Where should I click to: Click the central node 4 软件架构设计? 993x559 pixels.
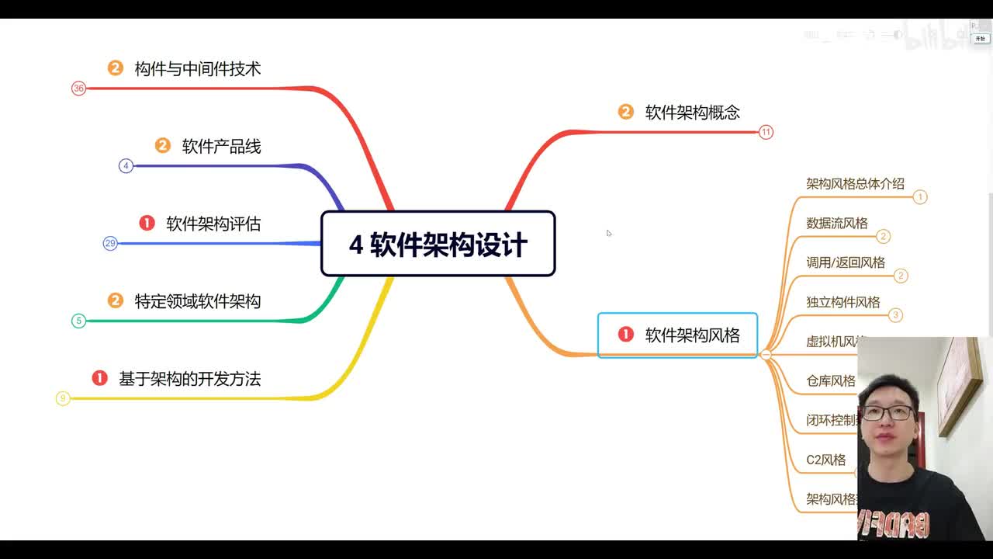click(438, 244)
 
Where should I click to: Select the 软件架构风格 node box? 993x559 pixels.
click(677, 335)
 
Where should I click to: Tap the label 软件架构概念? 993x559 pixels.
click(692, 113)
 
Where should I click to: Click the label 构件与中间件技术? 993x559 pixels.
click(197, 69)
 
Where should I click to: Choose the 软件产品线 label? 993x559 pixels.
click(221, 146)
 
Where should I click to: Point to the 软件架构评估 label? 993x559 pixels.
click(213, 224)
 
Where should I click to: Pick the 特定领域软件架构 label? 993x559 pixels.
click(197, 301)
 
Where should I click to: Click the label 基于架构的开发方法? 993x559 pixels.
click(189, 379)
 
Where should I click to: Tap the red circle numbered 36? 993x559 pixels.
click(78, 89)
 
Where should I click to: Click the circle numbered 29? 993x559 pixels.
click(110, 244)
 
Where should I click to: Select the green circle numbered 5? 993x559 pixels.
click(78, 321)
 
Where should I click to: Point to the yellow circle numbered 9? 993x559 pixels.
click(63, 398)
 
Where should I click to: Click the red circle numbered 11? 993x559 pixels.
click(766, 132)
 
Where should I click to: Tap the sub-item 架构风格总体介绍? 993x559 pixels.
click(855, 184)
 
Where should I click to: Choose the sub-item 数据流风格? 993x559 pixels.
click(836, 224)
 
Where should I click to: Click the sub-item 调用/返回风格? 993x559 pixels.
click(845, 263)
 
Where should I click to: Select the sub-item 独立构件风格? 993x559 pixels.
click(842, 302)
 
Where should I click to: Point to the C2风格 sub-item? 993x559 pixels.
click(825, 460)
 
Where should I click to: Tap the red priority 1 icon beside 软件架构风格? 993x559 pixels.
click(625, 335)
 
